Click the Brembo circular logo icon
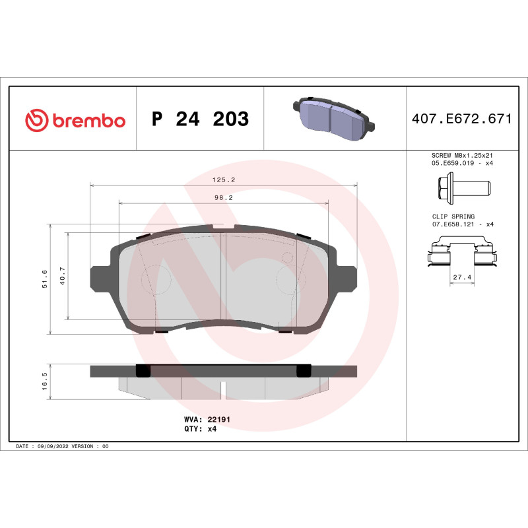[36, 120]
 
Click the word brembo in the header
[88, 121]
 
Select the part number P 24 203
[200, 119]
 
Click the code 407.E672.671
[461, 119]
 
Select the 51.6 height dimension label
[45, 279]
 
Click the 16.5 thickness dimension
[45, 381]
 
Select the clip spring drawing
[461, 254]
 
